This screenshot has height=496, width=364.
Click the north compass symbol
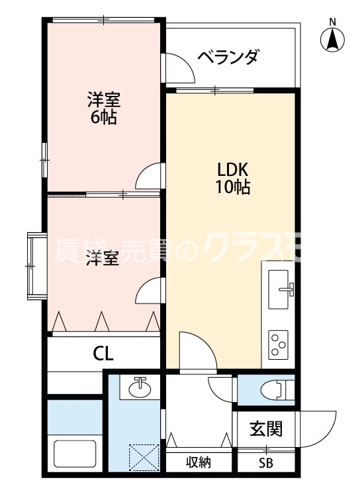[x=333, y=40]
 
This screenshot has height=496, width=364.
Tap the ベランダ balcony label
[x=227, y=58]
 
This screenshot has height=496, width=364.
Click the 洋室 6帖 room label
[x=103, y=109]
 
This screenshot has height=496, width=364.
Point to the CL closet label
[x=103, y=353]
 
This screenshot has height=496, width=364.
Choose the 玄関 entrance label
[x=266, y=429]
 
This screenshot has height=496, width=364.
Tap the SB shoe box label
[x=265, y=464]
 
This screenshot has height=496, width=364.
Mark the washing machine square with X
[x=145, y=457]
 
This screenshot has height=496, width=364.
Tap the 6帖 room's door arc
[x=149, y=177]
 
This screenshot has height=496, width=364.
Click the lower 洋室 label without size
[x=103, y=259]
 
